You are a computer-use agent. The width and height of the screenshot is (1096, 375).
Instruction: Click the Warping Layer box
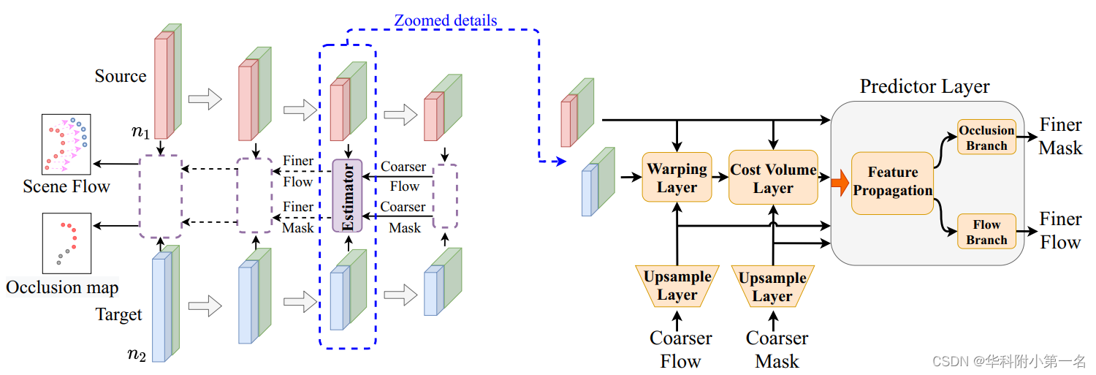(677, 178)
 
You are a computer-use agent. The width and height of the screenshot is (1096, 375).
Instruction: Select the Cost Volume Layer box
(773, 178)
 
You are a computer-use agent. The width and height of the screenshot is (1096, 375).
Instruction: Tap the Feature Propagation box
(892, 182)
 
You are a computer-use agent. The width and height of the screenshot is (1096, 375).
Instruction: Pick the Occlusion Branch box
(986, 137)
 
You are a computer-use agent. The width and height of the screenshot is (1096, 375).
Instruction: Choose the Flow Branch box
(986, 232)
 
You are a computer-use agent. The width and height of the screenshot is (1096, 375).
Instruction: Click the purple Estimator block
(347, 196)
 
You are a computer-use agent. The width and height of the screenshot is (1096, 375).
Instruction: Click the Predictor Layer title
(924, 87)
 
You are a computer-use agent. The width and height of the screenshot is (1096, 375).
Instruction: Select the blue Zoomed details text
(446, 20)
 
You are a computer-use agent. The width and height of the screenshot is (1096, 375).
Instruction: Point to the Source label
(121, 76)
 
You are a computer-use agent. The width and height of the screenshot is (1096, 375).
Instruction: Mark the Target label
(118, 315)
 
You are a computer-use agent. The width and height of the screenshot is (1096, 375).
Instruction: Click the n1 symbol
(141, 132)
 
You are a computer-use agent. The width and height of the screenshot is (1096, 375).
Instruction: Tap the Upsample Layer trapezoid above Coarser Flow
(677, 286)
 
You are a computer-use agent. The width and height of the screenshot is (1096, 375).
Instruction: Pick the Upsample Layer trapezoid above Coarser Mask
(772, 287)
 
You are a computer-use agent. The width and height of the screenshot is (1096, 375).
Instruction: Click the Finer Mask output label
(1061, 137)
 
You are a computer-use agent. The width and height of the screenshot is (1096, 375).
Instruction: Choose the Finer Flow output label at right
(1060, 230)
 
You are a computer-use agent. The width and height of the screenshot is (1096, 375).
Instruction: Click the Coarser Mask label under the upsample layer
(776, 349)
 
